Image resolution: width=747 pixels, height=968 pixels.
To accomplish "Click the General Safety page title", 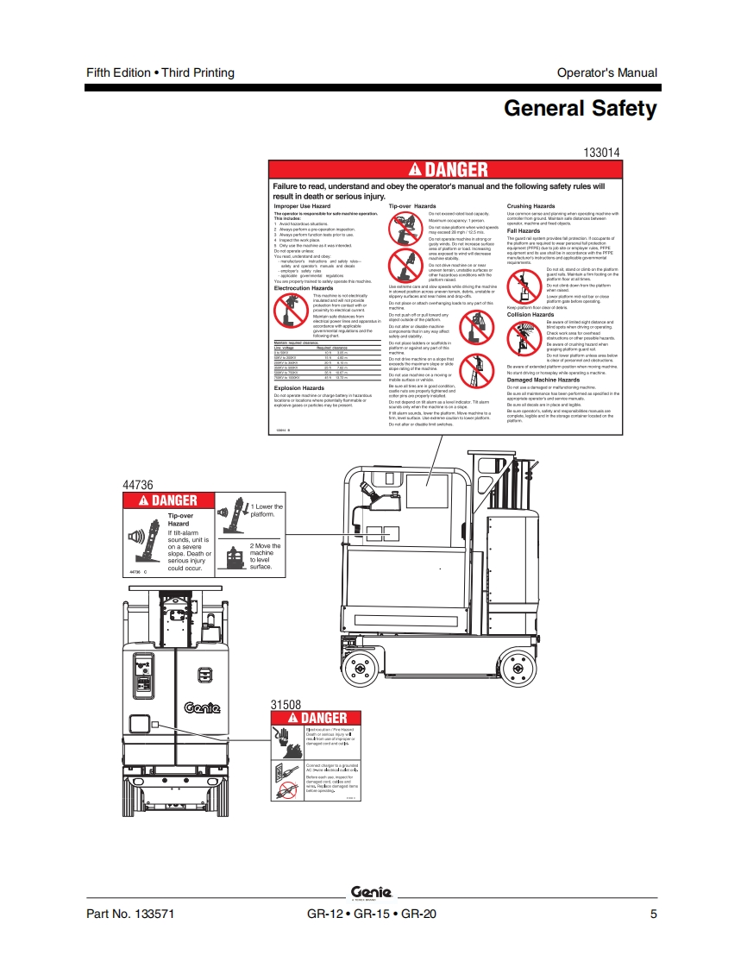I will click(580, 110).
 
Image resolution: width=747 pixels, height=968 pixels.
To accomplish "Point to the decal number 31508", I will click(286, 704).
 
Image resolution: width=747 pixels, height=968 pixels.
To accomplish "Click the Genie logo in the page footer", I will click(372, 892).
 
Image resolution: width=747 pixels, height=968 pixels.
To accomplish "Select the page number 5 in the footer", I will click(653, 915).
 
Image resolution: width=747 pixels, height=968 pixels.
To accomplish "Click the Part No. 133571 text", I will click(123, 915).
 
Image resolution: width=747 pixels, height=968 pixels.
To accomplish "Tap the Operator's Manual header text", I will click(606, 72).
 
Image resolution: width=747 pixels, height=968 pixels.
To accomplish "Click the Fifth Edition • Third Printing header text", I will click(160, 72).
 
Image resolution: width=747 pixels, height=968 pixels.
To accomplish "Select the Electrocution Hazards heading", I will click(304, 288).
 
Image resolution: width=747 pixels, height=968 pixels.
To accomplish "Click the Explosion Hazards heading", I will click(299, 388).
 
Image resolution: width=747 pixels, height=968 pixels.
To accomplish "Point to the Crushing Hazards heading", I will click(530, 207).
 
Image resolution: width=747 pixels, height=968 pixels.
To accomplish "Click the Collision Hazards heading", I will click(530, 315).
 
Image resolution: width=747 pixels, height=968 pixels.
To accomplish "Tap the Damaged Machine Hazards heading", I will click(543, 380).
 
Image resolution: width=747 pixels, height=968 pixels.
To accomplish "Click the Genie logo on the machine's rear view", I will click(202, 708).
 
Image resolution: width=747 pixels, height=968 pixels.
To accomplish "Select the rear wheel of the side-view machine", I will click(517, 667).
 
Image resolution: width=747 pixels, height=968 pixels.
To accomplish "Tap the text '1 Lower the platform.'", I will click(266, 511).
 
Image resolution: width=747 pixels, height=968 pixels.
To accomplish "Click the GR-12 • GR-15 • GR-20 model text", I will click(372, 915).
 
